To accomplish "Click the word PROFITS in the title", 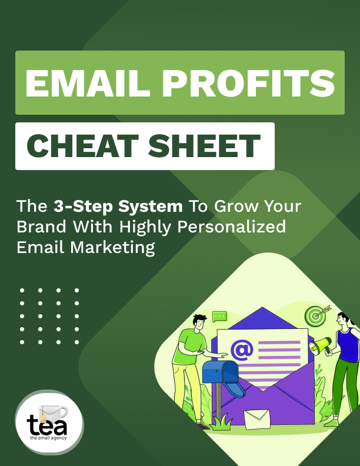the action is tap(249, 83).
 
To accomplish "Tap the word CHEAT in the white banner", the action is tap(82, 146).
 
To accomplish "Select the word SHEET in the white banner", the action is tap(204, 146).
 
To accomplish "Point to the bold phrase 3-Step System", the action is tap(118, 207).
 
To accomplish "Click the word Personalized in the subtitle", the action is tap(232, 227).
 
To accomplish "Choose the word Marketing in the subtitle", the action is tap(112, 248).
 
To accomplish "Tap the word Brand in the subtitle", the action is tap(41, 227).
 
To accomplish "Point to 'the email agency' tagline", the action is tap(48, 438).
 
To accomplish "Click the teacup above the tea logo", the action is tap(54, 411).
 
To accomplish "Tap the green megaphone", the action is tap(320, 345).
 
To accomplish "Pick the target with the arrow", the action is tap(317, 315).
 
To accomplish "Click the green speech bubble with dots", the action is tap(219, 317).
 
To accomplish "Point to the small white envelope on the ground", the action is tap(257, 419).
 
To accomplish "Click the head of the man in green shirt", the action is tap(199, 322).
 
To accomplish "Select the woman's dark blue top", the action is tap(349, 345).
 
